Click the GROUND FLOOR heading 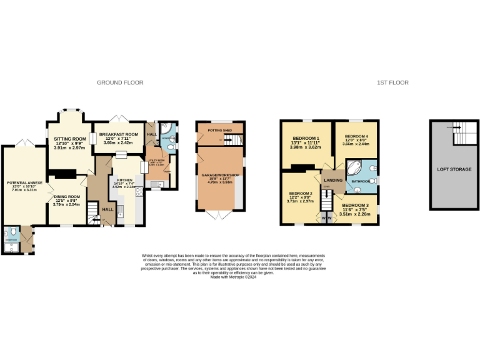120,82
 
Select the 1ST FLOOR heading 392,82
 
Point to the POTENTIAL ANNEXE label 24,182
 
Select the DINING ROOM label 66,196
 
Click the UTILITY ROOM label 156,161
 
